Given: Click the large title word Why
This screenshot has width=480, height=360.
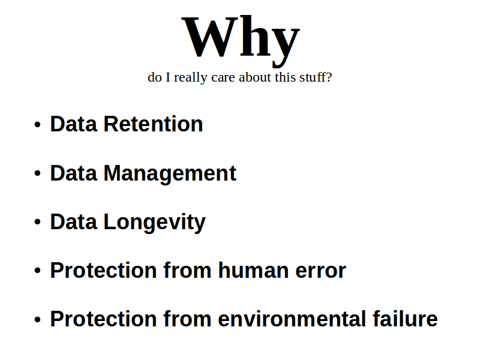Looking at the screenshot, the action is (x=241, y=41).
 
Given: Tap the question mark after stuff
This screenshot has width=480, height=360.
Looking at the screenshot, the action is (x=329, y=77).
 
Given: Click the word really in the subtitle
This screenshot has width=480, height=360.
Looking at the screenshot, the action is (x=191, y=78).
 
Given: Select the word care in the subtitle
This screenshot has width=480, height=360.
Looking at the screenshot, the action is (x=223, y=78).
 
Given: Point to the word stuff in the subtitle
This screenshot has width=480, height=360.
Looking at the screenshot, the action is (x=313, y=77).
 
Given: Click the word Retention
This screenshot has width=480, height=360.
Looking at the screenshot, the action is (x=154, y=124).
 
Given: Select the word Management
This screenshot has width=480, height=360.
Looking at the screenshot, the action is (x=170, y=174).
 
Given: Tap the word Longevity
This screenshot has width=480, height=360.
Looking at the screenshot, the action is (x=155, y=223).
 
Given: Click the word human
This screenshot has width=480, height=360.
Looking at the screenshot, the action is (x=253, y=271).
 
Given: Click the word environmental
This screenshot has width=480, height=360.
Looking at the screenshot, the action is (x=292, y=319).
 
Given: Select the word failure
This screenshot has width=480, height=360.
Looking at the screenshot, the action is (x=406, y=319).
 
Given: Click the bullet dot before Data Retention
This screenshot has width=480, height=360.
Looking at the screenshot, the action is (x=37, y=125).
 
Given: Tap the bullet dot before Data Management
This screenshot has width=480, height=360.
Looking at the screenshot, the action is (x=37, y=173).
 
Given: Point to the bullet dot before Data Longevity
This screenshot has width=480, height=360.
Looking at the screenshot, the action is (x=37, y=222).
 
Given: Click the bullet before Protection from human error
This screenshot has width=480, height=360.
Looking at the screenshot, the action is (x=37, y=271).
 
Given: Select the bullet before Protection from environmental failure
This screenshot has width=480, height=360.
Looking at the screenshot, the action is (x=37, y=319).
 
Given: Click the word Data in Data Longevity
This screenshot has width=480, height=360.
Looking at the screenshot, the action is (x=73, y=221).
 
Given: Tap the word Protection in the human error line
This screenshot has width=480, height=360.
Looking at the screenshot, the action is (x=103, y=271).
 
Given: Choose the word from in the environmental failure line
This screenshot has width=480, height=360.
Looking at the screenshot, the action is (x=187, y=319).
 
